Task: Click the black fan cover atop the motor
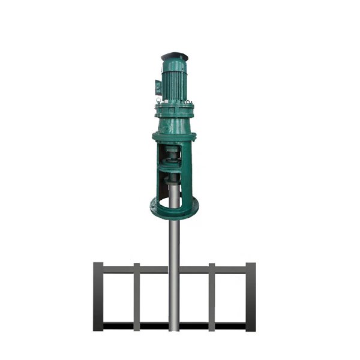(x=175, y=56)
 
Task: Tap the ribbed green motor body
(x=175, y=78)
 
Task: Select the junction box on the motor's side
(x=158, y=86)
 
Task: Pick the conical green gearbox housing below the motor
(x=174, y=123)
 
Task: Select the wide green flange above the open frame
(x=173, y=137)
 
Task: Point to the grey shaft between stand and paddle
(x=174, y=240)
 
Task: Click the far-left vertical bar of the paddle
(x=98, y=297)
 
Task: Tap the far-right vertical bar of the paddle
(x=250, y=297)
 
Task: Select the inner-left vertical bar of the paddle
(x=137, y=297)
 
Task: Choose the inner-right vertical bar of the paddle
(x=212, y=297)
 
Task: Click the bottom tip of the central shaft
(x=174, y=329)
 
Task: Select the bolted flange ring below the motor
(x=174, y=109)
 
